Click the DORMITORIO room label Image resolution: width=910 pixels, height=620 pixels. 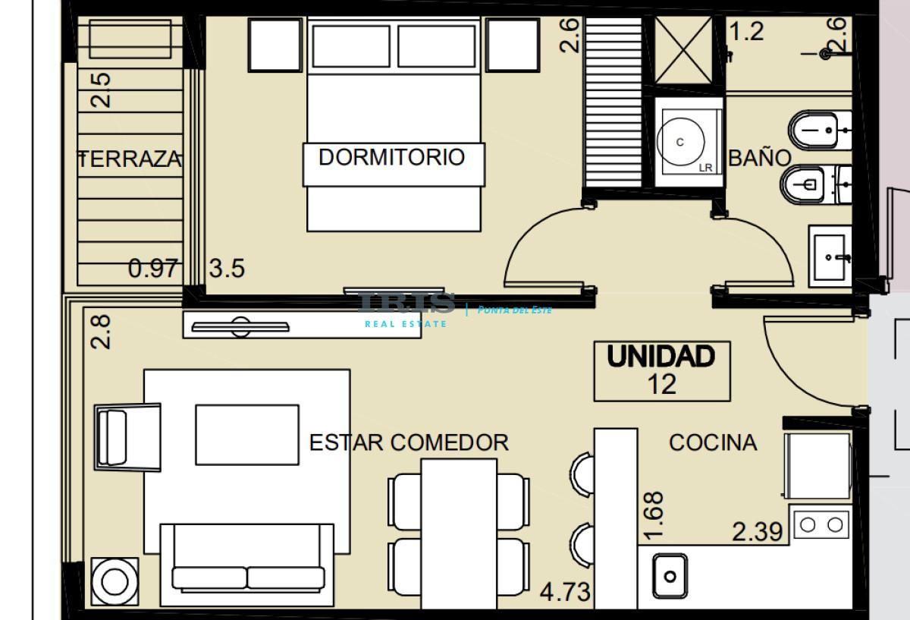[x=391, y=157]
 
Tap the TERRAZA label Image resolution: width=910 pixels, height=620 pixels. [x=130, y=159]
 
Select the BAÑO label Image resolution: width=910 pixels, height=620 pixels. [x=760, y=158]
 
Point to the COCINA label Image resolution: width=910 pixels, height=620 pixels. [x=714, y=442]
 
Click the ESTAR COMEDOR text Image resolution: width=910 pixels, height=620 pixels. [x=409, y=442]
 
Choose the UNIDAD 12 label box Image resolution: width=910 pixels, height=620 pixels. [x=662, y=371]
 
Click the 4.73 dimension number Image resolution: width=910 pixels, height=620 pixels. [x=565, y=592]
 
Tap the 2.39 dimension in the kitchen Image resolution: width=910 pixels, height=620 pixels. [x=758, y=532]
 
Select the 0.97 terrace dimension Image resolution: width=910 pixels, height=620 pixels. [x=153, y=269]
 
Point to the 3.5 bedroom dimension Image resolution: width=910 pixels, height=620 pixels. [x=227, y=269]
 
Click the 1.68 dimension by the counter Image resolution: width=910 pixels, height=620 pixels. [x=654, y=516]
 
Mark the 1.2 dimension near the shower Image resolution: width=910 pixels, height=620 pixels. [x=747, y=32]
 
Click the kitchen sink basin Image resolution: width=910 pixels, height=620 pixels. [x=670, y=576]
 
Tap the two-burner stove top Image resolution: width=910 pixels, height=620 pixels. [x=821, y=525]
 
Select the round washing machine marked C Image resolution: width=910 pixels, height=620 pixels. [x=681, y=142]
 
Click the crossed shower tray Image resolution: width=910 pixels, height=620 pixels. [x=684, y=50]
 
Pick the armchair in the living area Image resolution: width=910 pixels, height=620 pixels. [x=127, y=437]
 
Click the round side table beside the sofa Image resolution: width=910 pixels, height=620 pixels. [x=115, y=581]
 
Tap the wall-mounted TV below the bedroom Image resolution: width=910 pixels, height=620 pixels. [x=240, y=327]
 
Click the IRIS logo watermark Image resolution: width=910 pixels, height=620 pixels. [x=406, y=303]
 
